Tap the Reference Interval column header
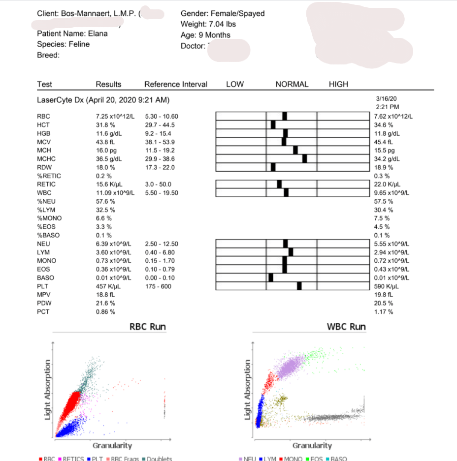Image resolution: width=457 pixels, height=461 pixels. pyautogui.click(x=176, y=84)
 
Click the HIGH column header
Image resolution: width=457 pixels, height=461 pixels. pyautogui.click(x=338, y=84)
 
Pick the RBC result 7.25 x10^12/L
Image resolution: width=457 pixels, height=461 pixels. pyautogui.click(x=115, y=116)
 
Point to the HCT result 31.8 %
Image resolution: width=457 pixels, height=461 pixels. pyautogui.click(x=105, y=125)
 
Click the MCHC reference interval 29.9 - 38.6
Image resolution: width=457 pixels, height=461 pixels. pyautogui.click(x=160, y=159)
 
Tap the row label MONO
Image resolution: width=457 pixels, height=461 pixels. pyautogui.click(x=46, y=260)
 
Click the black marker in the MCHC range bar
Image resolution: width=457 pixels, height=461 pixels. pyautogui.click(x=304, y=158)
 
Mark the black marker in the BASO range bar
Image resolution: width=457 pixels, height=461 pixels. pyautogui.click(x=270, y=277)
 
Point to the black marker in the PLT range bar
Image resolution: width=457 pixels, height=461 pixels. pyautogui.click(x=299, y=286)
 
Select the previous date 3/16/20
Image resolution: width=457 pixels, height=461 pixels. pyautogui.click(x=386, y=98)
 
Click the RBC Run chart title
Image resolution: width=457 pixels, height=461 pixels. pyautogui.click(x=147, y=327)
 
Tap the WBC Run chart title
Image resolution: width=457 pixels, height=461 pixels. pyautogui.click(x=346, y=327)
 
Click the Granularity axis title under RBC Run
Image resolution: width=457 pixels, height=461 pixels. pyautogui.click(x=112, y=446)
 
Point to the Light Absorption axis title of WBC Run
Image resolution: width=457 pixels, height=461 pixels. pyautogui.click(x=248, y=390)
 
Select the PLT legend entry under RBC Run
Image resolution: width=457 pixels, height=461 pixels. pyautogui.click(x=98, y=459)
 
